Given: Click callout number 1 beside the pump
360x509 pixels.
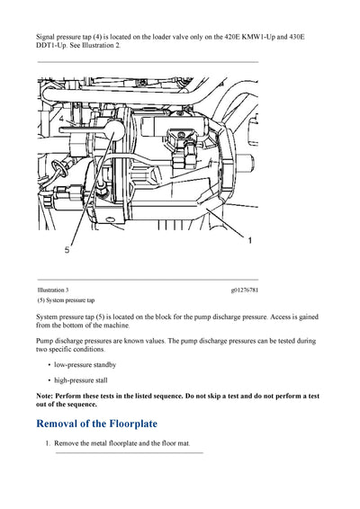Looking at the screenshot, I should [x=249, y=241].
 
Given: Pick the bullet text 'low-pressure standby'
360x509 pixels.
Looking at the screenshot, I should [x=85, y=364].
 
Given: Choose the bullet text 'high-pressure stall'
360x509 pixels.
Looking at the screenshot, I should [x=84, y=380].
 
